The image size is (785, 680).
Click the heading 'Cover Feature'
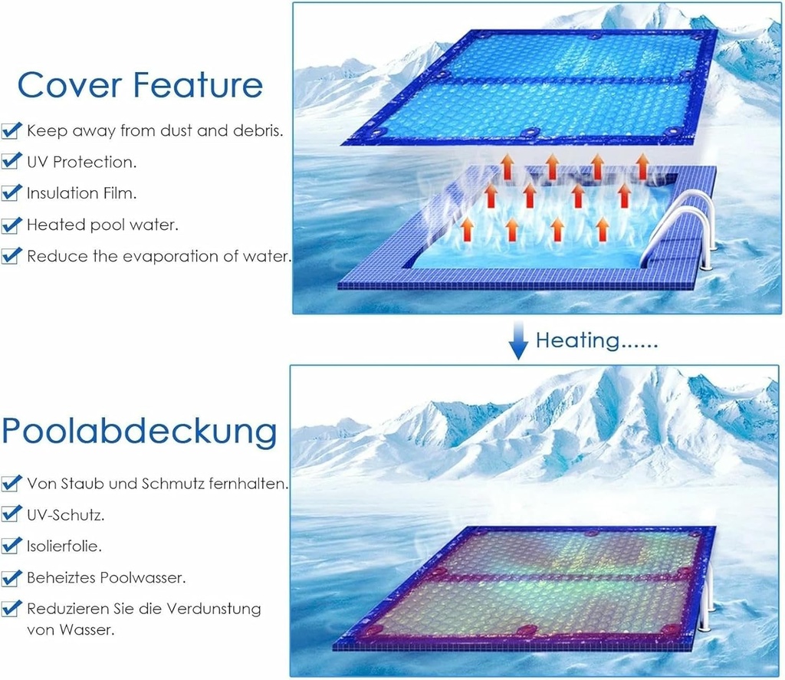[140, 84]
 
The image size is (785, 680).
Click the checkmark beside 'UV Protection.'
[11, 162]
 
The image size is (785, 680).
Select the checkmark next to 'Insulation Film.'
[11, 193]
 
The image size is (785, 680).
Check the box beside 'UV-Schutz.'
[11, 514]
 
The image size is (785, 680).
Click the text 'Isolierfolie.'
[64, 547]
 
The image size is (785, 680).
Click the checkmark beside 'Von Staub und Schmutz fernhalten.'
[11, 484]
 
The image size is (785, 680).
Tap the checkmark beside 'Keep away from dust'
[11, 131]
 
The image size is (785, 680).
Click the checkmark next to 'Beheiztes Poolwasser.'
[11, 577]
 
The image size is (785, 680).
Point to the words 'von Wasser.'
[71, 630]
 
